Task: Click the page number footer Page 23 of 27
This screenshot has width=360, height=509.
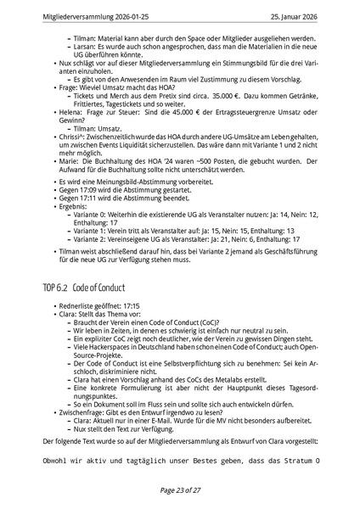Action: coord(179,490)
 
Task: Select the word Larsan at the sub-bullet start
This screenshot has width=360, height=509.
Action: coord(86,47)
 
